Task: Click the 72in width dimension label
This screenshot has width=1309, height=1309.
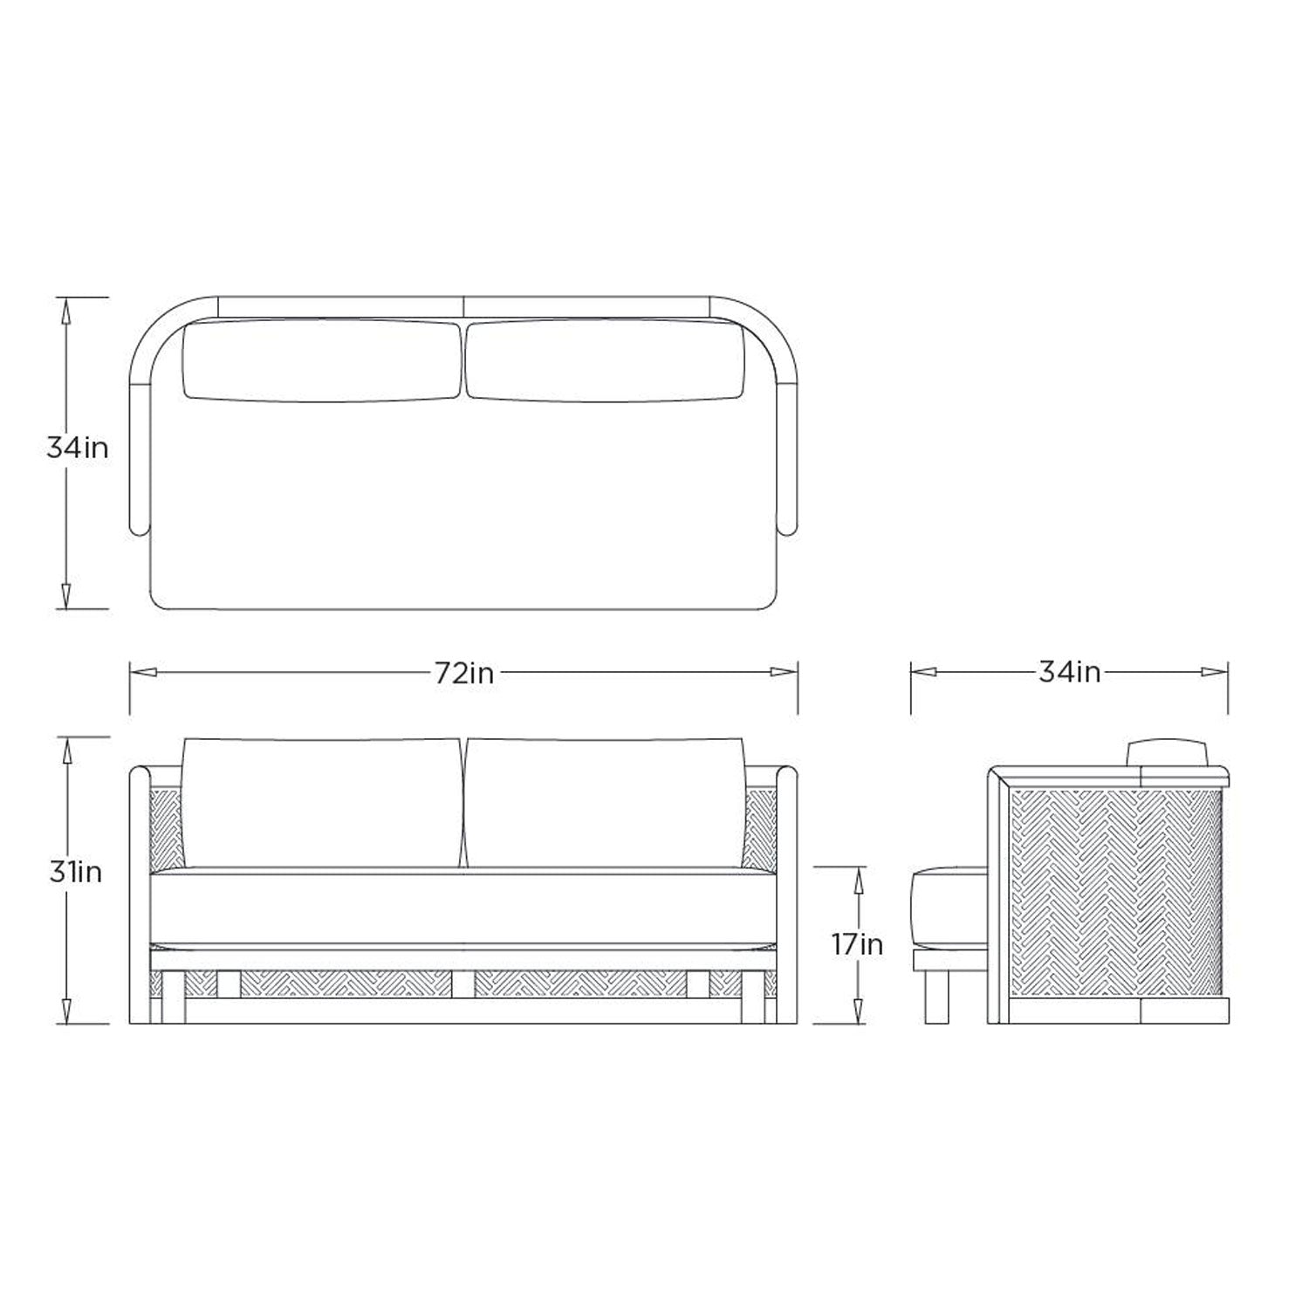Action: click(x=463, y=673)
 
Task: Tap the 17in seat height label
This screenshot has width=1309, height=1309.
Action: click(x=858, y=944)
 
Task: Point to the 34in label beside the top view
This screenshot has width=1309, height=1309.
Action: click(x=78, y=449)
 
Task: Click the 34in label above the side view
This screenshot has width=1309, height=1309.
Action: click(x=1070, y=672)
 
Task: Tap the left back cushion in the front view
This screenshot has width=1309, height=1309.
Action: click(x=322, y=804)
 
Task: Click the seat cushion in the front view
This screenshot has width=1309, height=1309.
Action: click(x=463, y=908)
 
